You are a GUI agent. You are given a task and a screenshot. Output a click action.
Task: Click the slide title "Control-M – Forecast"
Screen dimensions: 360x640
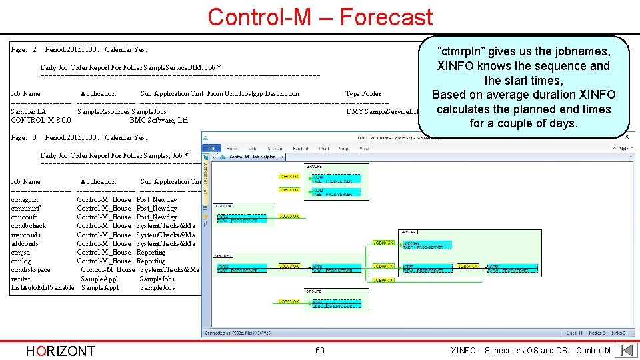coord(320,17)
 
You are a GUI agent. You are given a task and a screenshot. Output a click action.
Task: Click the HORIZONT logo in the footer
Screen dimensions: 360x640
coord(60,351)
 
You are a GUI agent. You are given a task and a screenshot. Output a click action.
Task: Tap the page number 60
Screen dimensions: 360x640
coord(320,351)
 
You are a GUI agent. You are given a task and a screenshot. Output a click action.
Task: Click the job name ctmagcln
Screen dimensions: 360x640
coord(25,199)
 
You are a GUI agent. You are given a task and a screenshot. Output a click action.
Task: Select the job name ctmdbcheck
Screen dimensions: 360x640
coord(29,226)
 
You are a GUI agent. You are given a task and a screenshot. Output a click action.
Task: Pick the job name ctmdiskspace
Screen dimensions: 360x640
coord(31,270)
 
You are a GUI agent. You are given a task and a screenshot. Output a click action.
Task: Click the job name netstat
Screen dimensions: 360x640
coord(21,279)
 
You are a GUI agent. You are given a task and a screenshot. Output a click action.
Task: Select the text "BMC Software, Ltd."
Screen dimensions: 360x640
coord(159,120)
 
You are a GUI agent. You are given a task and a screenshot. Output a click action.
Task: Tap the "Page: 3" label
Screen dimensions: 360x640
coord(24,137)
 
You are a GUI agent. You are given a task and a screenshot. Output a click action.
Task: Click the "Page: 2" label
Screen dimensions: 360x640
coord(24,50)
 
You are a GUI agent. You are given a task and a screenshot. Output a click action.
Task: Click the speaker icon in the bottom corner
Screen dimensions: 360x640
coord(626,350)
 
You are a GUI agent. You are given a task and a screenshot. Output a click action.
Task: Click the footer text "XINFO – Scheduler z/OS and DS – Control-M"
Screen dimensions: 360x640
coord(531,351)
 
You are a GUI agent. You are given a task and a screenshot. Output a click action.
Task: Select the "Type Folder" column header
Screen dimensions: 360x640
coord(363,94)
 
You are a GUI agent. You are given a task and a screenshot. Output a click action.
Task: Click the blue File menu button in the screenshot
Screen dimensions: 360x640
coord(212,148)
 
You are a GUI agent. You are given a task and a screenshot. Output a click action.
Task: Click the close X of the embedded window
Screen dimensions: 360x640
coord(626,137)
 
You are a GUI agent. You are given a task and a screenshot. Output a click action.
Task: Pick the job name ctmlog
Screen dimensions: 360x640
coord(21,261)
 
